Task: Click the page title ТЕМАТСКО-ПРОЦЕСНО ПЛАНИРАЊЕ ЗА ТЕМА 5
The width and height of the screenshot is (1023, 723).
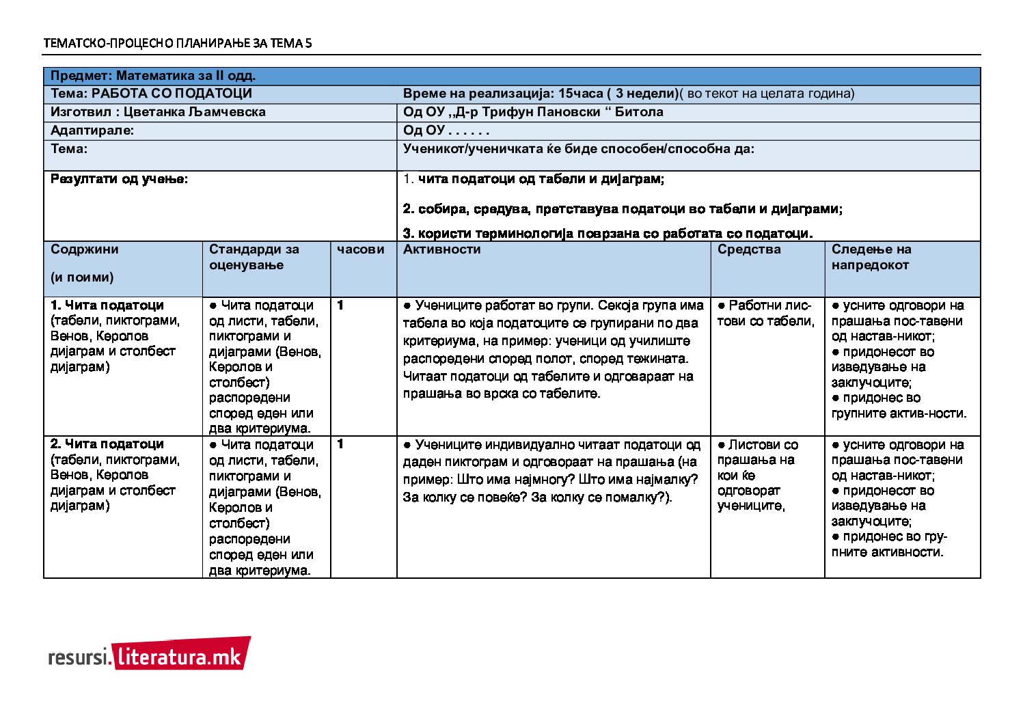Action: pyautogui.click(x=178, y=43)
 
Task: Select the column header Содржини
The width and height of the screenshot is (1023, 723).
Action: pyautogui.click(x=84, y=249)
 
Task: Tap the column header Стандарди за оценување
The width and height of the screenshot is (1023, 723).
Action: pyautogui.click(x=254, y=257)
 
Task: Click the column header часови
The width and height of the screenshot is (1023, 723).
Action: pyautogui.click(x=360, y=249)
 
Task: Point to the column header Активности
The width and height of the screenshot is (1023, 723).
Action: pyautogui.click(x=441, y=249)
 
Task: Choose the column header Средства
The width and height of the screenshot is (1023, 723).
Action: pyautogui.click(x=749, y=249)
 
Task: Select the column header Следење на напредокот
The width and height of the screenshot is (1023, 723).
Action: pyautogui.click(x=871, y=257)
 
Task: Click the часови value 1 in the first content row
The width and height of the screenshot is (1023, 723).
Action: pyautogui.click(x=340, y=305)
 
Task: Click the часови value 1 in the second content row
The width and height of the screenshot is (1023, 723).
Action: pyautogui.click(x=340, y=444)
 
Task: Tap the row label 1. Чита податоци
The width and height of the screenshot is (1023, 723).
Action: pyautogui.click(x=107, y=305)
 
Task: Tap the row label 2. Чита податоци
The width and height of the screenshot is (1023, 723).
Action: pyautogui.click(x=107, y=444)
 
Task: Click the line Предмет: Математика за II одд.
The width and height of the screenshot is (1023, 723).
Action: pyautogui.click(x=153, y=76)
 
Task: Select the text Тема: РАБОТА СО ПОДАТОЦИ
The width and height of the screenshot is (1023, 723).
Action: pyautogui.click(x=151, y=94)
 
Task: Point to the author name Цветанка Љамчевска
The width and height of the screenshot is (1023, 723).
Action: pyautogui.click(x=195, y=112)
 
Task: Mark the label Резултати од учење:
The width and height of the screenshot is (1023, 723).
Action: pyautogui.click(x=119, y=179)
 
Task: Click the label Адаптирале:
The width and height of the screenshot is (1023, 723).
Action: pyautogui.click(x=92, y=131)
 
